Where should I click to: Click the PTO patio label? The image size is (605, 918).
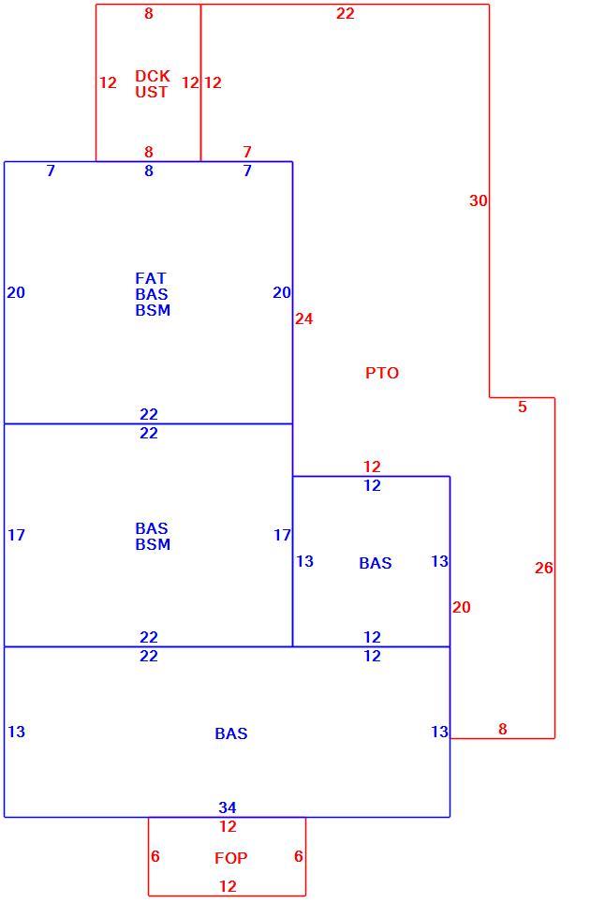point(382,373)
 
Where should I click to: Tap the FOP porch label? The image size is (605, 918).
point(231,858)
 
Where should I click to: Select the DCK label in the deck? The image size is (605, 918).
point(152,76)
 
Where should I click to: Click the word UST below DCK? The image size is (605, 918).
point(152,92)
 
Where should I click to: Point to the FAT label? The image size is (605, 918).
point(151,278)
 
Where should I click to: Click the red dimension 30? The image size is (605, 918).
point(478,200)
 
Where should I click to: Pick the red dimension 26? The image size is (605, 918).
point(543,568)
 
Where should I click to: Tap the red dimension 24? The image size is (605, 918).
point(303,319)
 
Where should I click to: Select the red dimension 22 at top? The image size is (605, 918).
point(346,13)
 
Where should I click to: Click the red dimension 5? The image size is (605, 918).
point(523,407)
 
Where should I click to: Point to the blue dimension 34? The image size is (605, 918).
point(228,807)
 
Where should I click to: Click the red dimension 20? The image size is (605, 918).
point(461,607)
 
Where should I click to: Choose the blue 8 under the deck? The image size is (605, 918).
point(149,170)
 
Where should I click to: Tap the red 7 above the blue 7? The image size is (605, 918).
point(247,152)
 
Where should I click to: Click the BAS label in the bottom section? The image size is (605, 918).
point(231,733)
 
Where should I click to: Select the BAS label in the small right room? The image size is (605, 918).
point(375,563)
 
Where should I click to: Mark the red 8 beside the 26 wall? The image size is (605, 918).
point(503,729)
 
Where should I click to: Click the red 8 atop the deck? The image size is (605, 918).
point(149,13)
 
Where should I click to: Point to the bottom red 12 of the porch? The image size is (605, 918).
point(228,886)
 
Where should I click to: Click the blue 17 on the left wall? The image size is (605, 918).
point(16,535)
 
